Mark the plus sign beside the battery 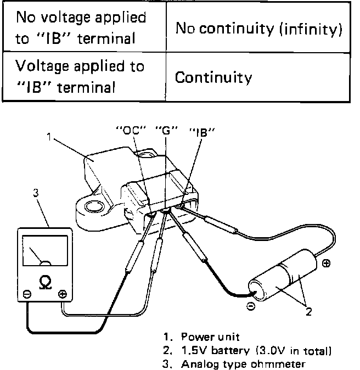(327, 264)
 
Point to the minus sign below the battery (250, 307)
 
